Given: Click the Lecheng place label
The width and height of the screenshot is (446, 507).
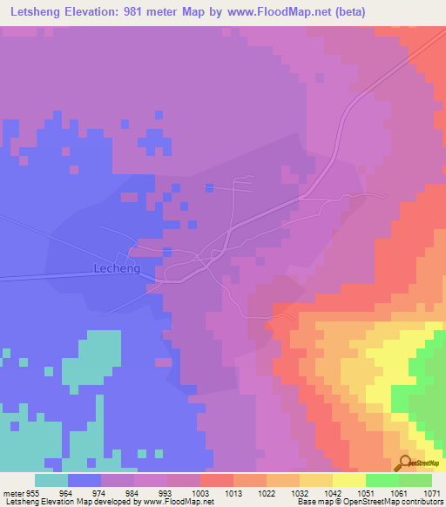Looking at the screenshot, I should (111, 269).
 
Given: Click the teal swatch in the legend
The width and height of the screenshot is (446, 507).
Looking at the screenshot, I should (51, 480).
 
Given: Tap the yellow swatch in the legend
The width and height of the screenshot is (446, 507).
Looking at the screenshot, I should (348, 480).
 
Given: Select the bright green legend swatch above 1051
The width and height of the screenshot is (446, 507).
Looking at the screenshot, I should (382, 480).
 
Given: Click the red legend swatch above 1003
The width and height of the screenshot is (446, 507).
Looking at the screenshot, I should (216, 480).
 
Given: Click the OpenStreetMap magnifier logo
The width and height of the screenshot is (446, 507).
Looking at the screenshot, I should (404, 463).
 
